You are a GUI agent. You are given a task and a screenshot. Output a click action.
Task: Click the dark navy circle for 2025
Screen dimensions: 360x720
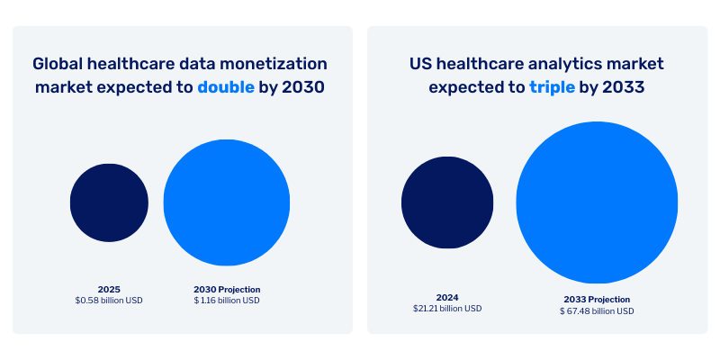point(109,202)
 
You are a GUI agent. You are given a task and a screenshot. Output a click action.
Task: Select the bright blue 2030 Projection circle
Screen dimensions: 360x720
point(227,202)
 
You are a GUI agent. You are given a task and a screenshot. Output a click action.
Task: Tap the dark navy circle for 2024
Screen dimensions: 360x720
point(447,202)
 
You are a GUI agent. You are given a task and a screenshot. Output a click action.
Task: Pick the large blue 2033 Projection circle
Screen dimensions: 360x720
point(597,202)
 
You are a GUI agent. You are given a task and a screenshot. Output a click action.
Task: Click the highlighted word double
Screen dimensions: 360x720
point(226,88)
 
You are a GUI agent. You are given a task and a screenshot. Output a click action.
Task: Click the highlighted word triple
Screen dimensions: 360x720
point(552,88)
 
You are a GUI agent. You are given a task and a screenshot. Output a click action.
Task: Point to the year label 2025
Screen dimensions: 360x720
point(109,289)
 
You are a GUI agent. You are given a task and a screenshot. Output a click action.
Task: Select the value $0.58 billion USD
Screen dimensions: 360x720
point(109,301)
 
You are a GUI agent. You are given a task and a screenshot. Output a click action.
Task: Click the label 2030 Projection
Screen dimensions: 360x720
point(227,289)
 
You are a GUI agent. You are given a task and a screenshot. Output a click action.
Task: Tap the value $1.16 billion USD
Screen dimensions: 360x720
point(227,301)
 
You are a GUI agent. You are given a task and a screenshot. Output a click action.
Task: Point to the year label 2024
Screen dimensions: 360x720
point(447,296)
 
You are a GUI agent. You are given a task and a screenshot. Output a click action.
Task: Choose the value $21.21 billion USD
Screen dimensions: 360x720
point(447,308)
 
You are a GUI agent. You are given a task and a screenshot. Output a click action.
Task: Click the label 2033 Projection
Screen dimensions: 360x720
point(597,299)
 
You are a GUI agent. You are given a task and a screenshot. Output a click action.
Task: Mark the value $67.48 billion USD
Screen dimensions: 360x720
point(597,311)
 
